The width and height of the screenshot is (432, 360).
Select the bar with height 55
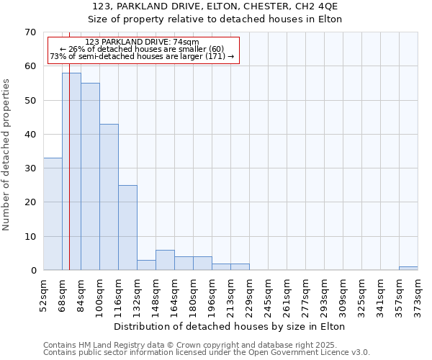(90, 176)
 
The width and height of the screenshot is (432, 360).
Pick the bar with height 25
(127, 228)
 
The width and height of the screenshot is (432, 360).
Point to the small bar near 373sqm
(408, 268)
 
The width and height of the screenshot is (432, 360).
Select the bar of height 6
(165, 260)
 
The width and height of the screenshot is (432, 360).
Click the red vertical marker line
(69, 180)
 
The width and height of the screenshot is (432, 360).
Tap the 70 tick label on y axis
(30, 32)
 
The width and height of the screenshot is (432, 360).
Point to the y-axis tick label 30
(30, 168)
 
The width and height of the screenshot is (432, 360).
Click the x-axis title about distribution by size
(230, 326)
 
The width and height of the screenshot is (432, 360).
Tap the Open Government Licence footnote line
(207, 353)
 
